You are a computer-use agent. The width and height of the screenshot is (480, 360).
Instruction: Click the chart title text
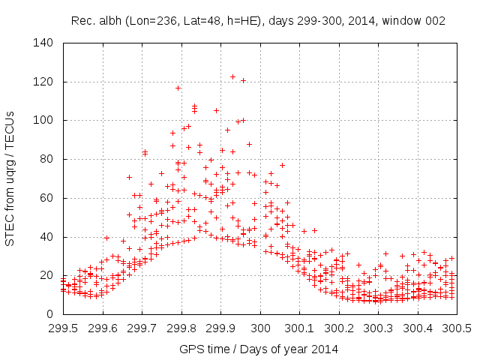point(258,21)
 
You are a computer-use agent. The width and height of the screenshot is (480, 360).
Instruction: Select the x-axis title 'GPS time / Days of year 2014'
point(258,349)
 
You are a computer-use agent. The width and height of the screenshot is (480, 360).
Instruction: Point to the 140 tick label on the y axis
point(43,43)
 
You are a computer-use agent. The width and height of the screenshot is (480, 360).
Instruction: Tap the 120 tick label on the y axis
point(43,82)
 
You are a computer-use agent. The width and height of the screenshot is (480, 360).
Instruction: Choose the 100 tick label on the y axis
point(43,120)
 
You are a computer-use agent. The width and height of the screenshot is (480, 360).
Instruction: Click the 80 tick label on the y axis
point(46,159)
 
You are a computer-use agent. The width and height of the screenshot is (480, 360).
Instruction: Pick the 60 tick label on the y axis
point(46,198)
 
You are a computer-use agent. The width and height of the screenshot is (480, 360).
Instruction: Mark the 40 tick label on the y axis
point(46,237)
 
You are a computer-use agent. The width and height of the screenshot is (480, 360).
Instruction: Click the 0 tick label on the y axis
point(49,314)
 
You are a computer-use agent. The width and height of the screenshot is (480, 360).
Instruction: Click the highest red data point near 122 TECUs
point(232,76)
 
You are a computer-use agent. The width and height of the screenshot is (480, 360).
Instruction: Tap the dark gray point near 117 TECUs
point(178,88)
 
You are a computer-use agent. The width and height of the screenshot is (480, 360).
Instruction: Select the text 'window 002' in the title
point(418,21)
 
